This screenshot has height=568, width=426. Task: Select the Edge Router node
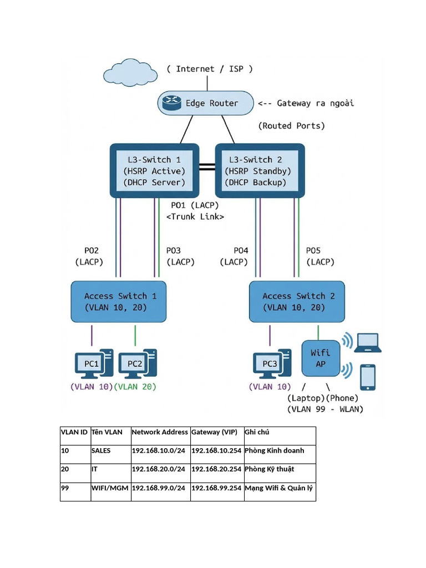[205, 103]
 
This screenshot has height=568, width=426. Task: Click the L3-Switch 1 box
[154, 171]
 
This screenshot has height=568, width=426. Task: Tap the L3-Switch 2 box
[260, 171]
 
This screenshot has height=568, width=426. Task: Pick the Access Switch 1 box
[119, 302]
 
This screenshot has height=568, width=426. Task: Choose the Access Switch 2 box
[297, 302]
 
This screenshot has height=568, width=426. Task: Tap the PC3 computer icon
[271, 364]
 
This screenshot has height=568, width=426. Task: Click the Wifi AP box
[320, 358]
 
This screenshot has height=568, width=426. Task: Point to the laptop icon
[368, 343]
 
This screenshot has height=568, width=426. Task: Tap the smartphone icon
[368, 377]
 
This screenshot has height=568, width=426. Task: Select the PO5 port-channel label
[313, 251]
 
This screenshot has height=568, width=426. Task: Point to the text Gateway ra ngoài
[315, 103]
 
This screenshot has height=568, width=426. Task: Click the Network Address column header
[160, 432]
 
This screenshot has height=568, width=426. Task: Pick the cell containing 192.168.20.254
[217, 469]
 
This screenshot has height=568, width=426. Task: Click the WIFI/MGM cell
[110, 488]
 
